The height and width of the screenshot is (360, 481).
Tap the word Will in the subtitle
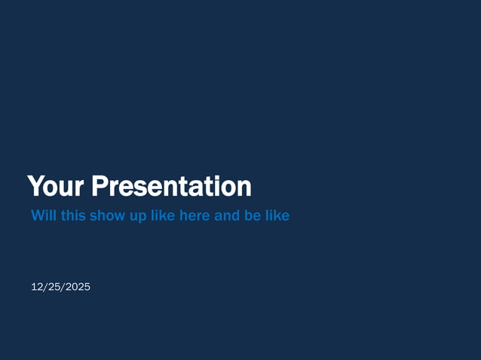[x=42, y=216]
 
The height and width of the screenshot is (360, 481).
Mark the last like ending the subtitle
[x=277, y=216]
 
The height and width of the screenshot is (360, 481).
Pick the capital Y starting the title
[x=34, y=186]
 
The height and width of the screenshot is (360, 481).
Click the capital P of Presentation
[x=97, y=186]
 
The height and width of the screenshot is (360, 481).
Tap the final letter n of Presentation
[x=244, y=188]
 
